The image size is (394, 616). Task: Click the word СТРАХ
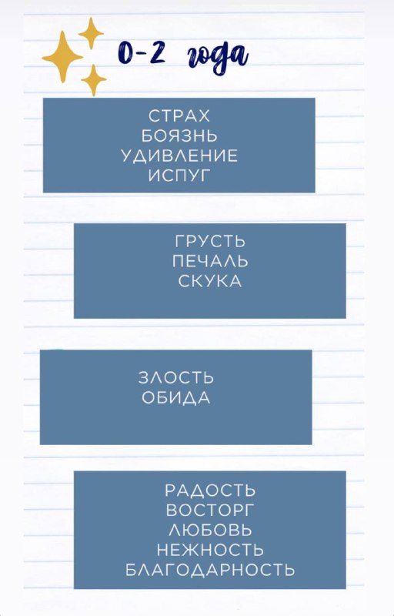pos(179,116)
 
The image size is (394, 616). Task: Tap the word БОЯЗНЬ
pos(179,136)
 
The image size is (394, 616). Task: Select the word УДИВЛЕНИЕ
pos(179,156)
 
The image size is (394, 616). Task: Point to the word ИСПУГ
pos(179,176)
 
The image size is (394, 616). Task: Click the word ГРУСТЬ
pos(210,241)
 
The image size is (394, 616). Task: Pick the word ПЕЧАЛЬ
pos(210,261)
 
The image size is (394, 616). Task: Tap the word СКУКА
pos(210,281)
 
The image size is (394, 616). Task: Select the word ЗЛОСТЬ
pos(175,377)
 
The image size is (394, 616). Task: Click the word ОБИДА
pos(175,397)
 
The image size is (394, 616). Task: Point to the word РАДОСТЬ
pos(210,490)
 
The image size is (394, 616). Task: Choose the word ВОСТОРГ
pos(210,510)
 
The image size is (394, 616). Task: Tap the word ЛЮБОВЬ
pos(210,530)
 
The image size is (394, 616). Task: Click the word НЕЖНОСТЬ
pos(210,550)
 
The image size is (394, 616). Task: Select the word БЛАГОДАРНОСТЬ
pos(210,570)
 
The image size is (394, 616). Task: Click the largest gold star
pos(62,56)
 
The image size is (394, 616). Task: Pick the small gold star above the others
pos(91,33)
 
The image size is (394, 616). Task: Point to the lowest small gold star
pos(93,80)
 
